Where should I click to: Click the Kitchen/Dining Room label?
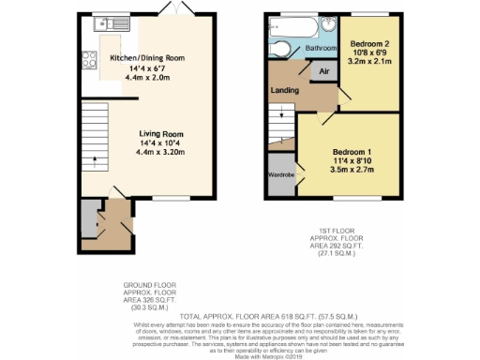click(x=147, y=58)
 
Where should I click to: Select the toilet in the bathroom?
click(x=280, y=50)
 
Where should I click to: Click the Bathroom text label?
click(x=322, y=48)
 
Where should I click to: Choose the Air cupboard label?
click(x=322, y=70)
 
